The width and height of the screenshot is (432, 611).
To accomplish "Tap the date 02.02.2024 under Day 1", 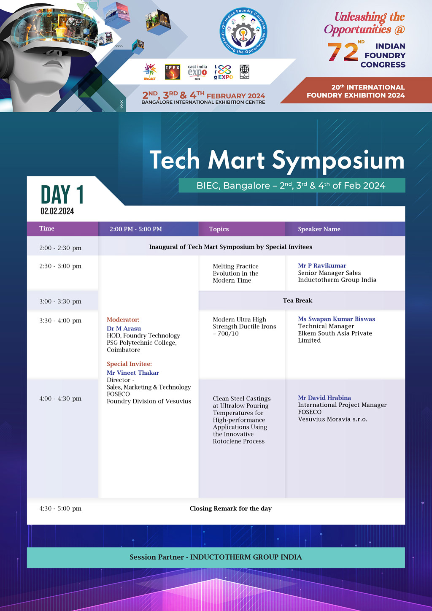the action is (x=57, y=211).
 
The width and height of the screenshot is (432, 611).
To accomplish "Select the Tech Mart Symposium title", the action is (x=277, y=161).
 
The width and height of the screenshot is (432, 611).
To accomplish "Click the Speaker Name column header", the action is (x=319, y=229).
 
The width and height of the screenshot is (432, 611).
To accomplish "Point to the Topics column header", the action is (x=219, y=229).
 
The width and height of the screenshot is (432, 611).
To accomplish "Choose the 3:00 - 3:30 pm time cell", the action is (x=60, y=301).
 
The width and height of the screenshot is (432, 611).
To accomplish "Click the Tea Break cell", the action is (x=297, y=300).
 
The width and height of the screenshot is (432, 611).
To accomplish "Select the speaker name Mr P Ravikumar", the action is (x=322, y=265).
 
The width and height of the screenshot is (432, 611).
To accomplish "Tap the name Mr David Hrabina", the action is (x=324, y=397).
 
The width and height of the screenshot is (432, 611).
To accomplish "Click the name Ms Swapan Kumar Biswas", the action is (x=336, y=319).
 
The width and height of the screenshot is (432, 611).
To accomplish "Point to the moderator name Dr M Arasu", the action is (x=124, y=328).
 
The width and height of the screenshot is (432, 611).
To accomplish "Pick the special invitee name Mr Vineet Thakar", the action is (x=133, y=373).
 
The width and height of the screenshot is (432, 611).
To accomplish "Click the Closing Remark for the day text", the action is (x=231, y=508).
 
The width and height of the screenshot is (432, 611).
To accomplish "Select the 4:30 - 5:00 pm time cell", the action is (x=60, y=508).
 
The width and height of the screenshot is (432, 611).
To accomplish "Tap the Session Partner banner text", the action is (x=216, y=557).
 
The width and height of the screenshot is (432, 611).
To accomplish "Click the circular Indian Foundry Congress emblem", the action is (x=243, y=32).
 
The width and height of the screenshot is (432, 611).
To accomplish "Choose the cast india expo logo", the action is (x=197, y=72).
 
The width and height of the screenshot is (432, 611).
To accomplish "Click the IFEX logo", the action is (x=173, y=72).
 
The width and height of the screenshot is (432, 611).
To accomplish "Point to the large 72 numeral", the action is (x=343, y=52).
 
